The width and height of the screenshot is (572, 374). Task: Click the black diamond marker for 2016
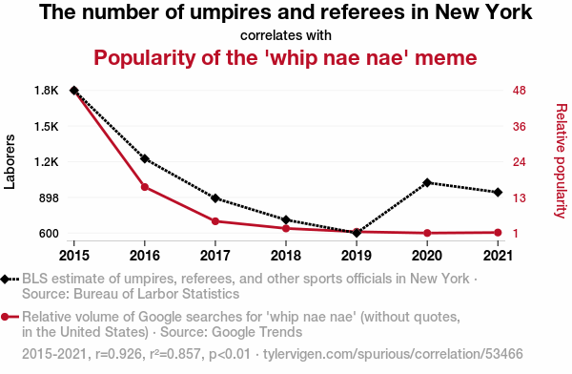click(x=145, y=159)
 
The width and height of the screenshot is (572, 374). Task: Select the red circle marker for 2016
click(x=145, y=187)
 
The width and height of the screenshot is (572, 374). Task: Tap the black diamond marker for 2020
click(x=427, y=182)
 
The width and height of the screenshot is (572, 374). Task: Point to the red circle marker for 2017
click(x=215, y=221)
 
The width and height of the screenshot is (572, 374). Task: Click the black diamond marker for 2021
click(x=498, y=192)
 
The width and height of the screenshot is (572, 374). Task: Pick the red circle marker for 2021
click(x=498, y=233)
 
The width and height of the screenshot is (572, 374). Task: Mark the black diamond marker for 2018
click(x=286, y=219)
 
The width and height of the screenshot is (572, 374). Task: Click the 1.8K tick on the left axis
click(x=47, y=91)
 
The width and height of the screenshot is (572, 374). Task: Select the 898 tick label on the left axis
click(x=49, y=197)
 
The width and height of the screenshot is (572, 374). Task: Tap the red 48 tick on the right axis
click(x=520, y=91)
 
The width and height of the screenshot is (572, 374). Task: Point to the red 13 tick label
click(x=520, y=197)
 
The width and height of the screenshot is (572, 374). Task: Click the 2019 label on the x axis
click(x=357, y=256)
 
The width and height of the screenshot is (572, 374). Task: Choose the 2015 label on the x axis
click(x=74, y=256)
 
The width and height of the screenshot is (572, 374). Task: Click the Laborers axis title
click(x=10, y=162)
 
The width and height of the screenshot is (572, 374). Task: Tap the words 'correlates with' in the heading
click(x=286, y=35)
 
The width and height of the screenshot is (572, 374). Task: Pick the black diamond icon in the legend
click(x=5, y=280)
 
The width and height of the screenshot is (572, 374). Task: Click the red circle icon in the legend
click(x=5, y=317)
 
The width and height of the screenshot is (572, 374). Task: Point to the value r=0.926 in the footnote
click(x=118, y=354)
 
